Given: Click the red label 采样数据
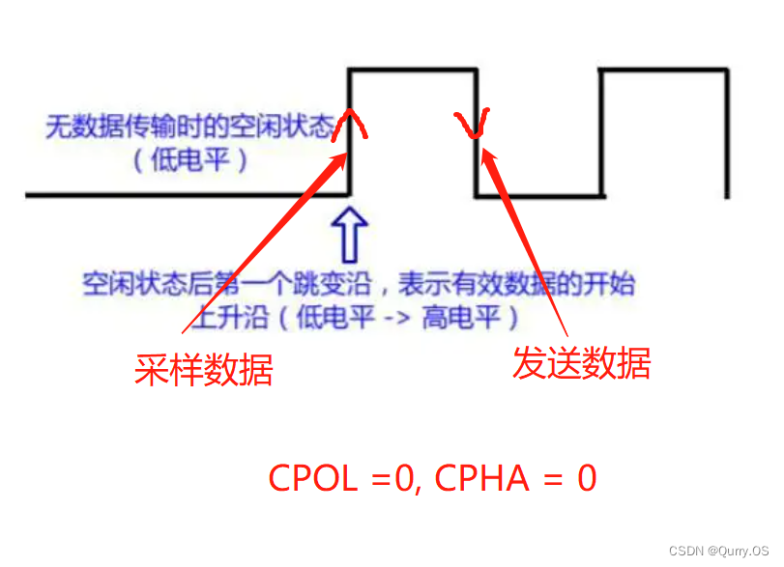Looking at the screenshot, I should pyautogui.click(x=203, y=369).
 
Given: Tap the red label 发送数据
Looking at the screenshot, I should pyautogui.click(x=581, y=362).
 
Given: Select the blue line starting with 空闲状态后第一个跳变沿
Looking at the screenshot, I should pyautogui.click(x=359, y=285).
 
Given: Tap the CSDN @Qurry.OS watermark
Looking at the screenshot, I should pyautogui.click(x=712, y=551).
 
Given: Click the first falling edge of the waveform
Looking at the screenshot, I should pyautogui.click(x=477, y=164).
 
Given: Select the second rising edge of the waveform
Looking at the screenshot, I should pyautogui.click(x=601, y=135).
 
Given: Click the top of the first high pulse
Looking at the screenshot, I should pyautogui.click(x=413, y=69).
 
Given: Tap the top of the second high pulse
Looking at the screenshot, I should pyautogui.click(x=664, y=69).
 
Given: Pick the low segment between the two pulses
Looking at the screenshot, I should pyautogui.click(x=538, y=196).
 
